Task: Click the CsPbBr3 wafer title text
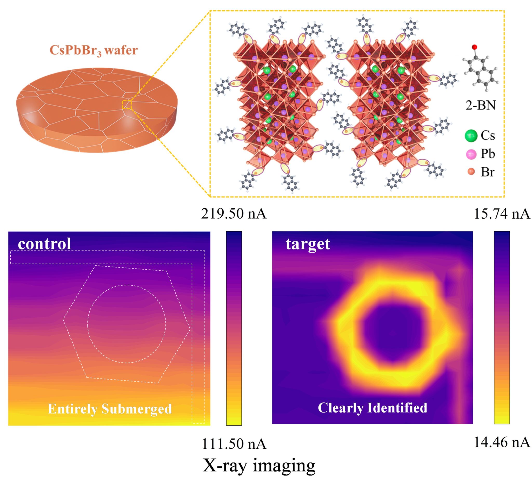94,50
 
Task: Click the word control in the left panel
44,244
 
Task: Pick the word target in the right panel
308,244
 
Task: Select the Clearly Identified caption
372,408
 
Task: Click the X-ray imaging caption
259,466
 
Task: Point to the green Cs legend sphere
471,136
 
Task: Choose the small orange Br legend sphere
471,172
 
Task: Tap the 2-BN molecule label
481,106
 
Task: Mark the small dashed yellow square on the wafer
127,104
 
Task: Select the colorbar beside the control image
234,328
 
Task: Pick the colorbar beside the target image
502,328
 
